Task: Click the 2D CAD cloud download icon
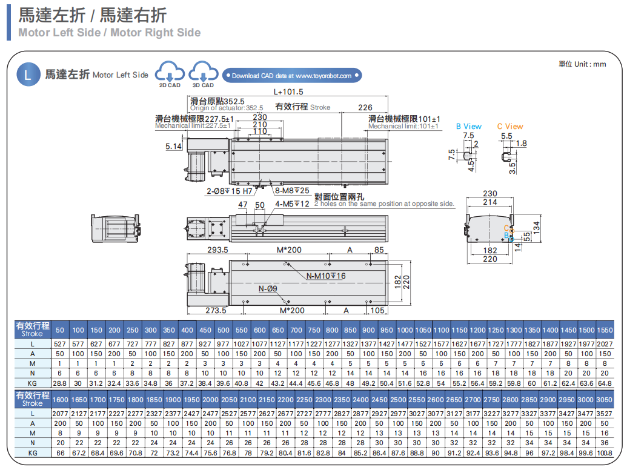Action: (x=170, y=73)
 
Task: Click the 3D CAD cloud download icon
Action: (x=203, y=73)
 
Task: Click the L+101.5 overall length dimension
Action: (x=288, y=92)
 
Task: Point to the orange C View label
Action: (x=510, y=127)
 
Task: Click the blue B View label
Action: (x=468, y=127)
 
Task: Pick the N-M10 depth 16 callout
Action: (x=325, y=276)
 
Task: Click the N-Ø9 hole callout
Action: (x=268, y=288)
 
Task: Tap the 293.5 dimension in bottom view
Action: (x=217, y=250)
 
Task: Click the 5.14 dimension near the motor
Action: (x=173, y=146)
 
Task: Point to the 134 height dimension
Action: (x=536, y=225)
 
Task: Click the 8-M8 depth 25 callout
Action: (x=292, y=191)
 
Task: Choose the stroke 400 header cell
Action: (x=187, y=330)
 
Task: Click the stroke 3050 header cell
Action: (x=604, y=400)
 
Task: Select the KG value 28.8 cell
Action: (x=59, y=383)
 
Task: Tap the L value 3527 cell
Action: (x=604, y=413)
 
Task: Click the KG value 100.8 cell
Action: (x=604, y=452)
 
